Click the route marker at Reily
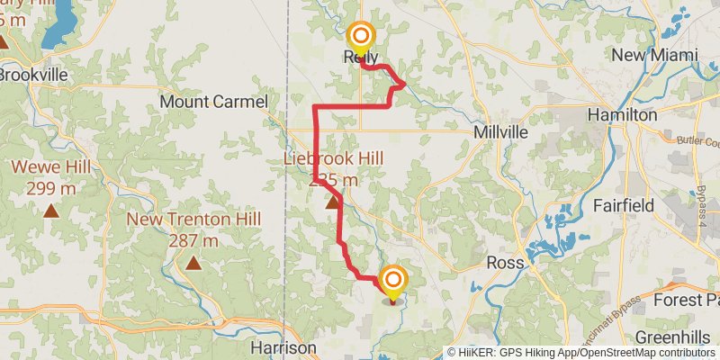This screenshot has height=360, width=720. tap(361, 36)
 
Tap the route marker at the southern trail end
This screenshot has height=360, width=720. tap(392, 281)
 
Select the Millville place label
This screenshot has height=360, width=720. tap(501, 132)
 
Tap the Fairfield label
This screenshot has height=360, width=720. tap(624, 205)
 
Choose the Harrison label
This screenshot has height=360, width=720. tap(283, 347)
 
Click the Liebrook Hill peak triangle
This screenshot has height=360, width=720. tap(333, 202)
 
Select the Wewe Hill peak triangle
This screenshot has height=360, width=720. tap(51, 212)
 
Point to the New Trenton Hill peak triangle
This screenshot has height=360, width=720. tap(193, 263)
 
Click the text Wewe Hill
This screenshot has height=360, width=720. tap(50, 166)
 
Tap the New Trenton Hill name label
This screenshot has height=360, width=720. tap(193, 220)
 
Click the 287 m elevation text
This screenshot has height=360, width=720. tap(193, 240)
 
